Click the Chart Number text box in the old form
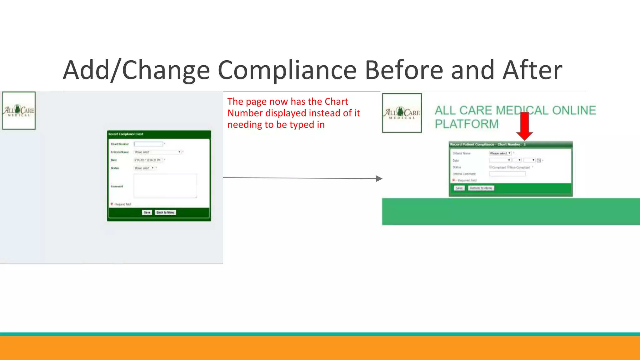[x=148, y=144]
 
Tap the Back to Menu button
[x=165, y=212]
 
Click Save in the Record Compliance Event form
[x=147, y=212]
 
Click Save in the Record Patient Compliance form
[x=459, y=188]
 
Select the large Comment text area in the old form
[x=165, y=186]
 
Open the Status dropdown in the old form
[x=144, y=168]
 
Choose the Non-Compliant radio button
[x=508, y=167]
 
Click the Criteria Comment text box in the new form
[x=507, y=174]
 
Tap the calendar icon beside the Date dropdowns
[x=539, y=160]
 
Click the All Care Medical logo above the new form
[x=402, y=113]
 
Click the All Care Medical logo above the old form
[x=19, y=110]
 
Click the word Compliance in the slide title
[x=287, y=70]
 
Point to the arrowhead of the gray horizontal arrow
[x=379, y=179]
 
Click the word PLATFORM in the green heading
[x=467, y=124]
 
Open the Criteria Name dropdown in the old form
[x=157, y=152]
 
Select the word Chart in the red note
[x=336, y=102]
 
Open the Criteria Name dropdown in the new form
[x=500, y=153]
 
